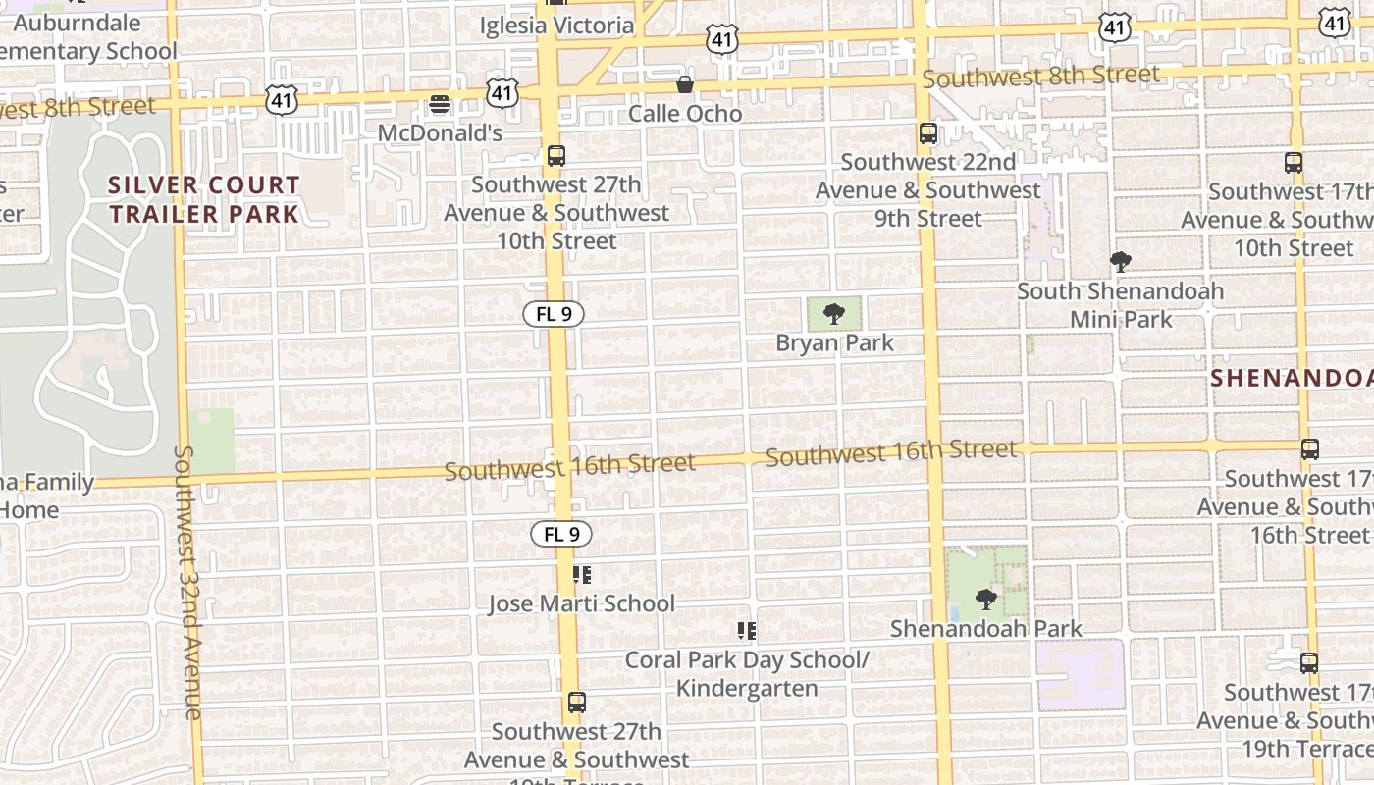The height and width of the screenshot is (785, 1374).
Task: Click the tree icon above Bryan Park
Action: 834,314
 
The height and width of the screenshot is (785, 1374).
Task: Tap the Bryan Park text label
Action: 834,342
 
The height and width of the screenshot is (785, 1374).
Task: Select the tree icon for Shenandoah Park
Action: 986,600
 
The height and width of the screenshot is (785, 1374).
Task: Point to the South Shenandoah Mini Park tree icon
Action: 1120,262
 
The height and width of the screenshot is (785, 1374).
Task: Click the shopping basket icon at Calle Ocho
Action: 685,85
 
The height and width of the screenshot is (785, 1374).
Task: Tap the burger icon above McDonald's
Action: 440,104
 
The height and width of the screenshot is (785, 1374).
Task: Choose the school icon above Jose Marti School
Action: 582,574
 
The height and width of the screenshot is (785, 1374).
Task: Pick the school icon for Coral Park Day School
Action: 747,630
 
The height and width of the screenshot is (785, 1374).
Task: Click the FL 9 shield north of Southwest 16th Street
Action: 554,314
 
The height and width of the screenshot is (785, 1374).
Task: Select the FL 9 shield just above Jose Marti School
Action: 561,534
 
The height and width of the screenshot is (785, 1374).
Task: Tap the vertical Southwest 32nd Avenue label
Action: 189,583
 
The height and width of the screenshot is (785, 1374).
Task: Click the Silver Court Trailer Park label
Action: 204,199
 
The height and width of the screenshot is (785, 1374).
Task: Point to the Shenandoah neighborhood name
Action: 1291,378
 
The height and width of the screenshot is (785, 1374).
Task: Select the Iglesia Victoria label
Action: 556,26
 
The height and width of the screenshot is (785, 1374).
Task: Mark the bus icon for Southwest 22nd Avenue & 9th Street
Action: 927,132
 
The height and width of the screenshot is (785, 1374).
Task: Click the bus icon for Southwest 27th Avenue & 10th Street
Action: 556,156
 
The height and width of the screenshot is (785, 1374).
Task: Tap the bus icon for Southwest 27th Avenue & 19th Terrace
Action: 576,703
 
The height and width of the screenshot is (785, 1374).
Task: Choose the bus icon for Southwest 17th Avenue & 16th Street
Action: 1309,449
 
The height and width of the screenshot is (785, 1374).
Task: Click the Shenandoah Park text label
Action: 986,628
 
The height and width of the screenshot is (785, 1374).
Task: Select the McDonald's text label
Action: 440,132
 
